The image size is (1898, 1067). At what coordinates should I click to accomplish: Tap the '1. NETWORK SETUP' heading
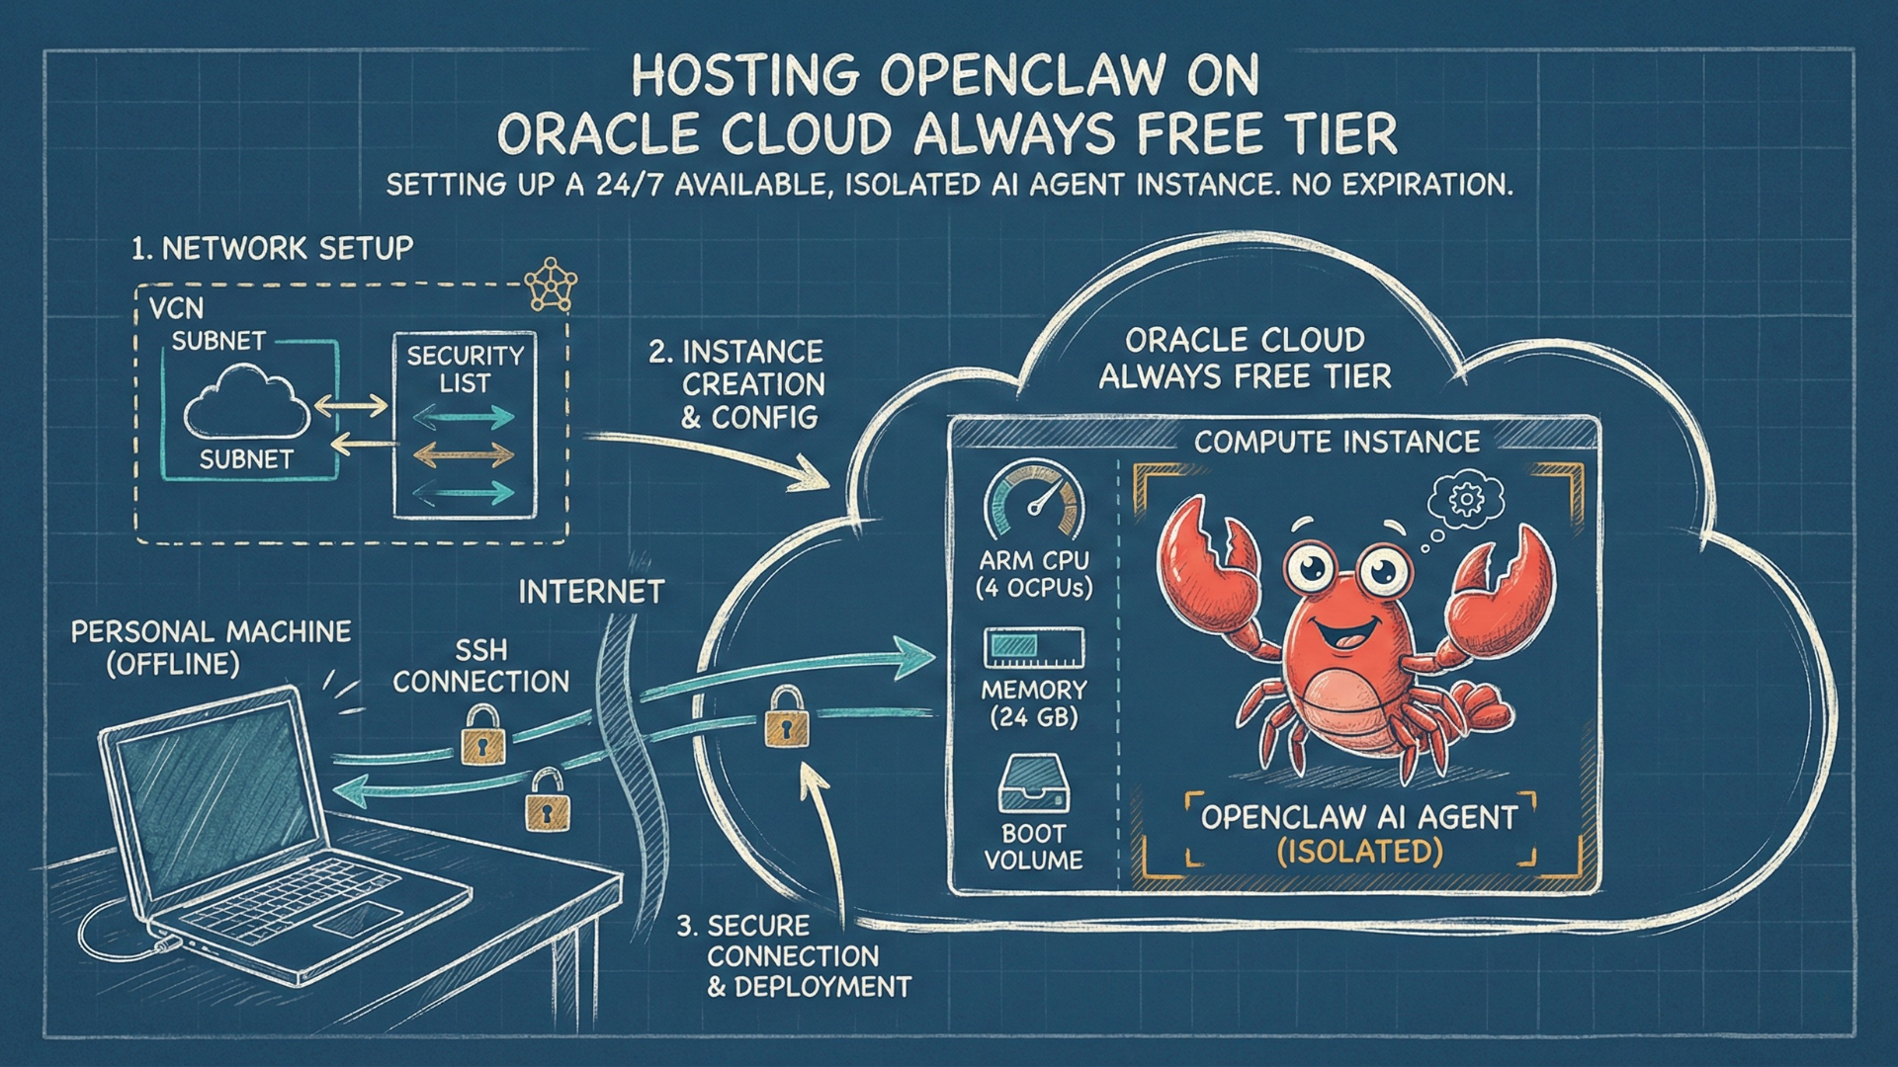tap(272, 248)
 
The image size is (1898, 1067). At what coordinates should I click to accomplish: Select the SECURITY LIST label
tap(465, 369)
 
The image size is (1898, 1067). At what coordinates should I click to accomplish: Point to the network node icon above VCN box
tap(550, 286)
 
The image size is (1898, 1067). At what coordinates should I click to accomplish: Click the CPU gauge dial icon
tap(1034, 501)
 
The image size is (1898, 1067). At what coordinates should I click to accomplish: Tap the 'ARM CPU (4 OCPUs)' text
tap(1034, 575)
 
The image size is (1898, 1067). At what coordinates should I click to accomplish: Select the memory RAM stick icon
tap(1034, 647)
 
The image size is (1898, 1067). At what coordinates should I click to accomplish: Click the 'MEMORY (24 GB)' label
tap(1034, 703)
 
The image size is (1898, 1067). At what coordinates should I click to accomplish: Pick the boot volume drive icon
tap(1034, 783)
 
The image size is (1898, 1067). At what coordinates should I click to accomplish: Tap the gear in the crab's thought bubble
tap(1466, 499)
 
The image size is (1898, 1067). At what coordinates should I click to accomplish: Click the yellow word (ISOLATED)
tap(1360, 852)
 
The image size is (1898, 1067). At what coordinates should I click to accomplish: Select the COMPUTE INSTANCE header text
tap(1337, 442)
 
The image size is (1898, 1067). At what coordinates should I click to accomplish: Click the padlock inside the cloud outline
tap(787, 720)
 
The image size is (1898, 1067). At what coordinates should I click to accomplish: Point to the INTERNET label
tap(591, 592)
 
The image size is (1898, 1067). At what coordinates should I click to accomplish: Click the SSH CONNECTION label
tap(481, 666)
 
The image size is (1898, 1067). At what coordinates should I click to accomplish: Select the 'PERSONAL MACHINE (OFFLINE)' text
tap(211, 647)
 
